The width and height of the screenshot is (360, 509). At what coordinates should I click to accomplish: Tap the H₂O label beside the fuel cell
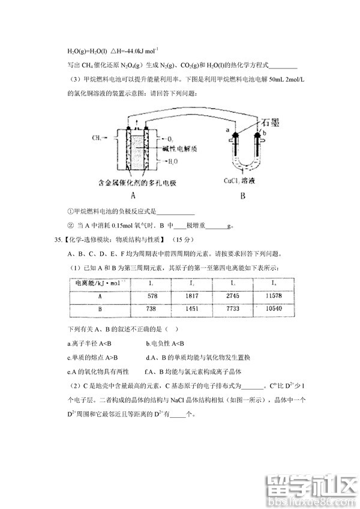click(172, 161)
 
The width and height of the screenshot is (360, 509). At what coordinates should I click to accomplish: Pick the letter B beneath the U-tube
click(242, 195)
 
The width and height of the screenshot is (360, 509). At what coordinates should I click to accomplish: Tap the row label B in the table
click(99, 309)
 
